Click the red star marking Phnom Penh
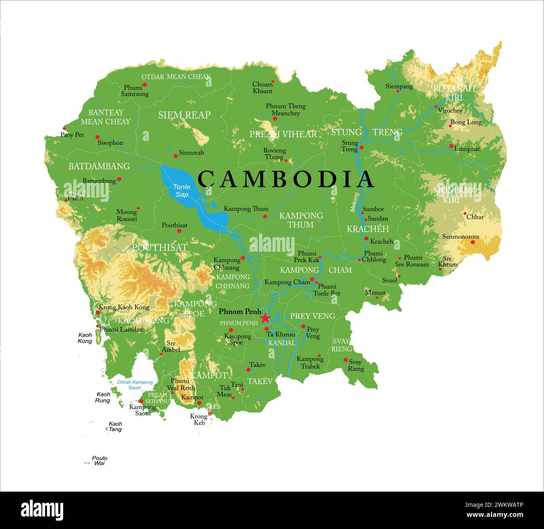click(265, 318)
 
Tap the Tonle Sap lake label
click(182, 191)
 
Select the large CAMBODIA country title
click(286, 179)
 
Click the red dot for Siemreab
click(176, 156)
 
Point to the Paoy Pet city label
click(72, 135)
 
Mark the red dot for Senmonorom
click(472, 242)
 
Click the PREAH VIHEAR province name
click(283, 134)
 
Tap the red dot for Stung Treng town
click(362, 147)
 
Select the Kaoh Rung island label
click(103, 397)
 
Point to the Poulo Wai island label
click(100, 460)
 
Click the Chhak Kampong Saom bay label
click(135, 385)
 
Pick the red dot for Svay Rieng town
click(345, 360)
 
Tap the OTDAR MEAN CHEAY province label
click(175, 77)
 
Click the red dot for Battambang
click(119, 179)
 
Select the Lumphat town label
click(467, 148)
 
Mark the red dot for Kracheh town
click(366, 238)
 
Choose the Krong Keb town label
click(199, 419)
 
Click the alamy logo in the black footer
click(42, 510)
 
